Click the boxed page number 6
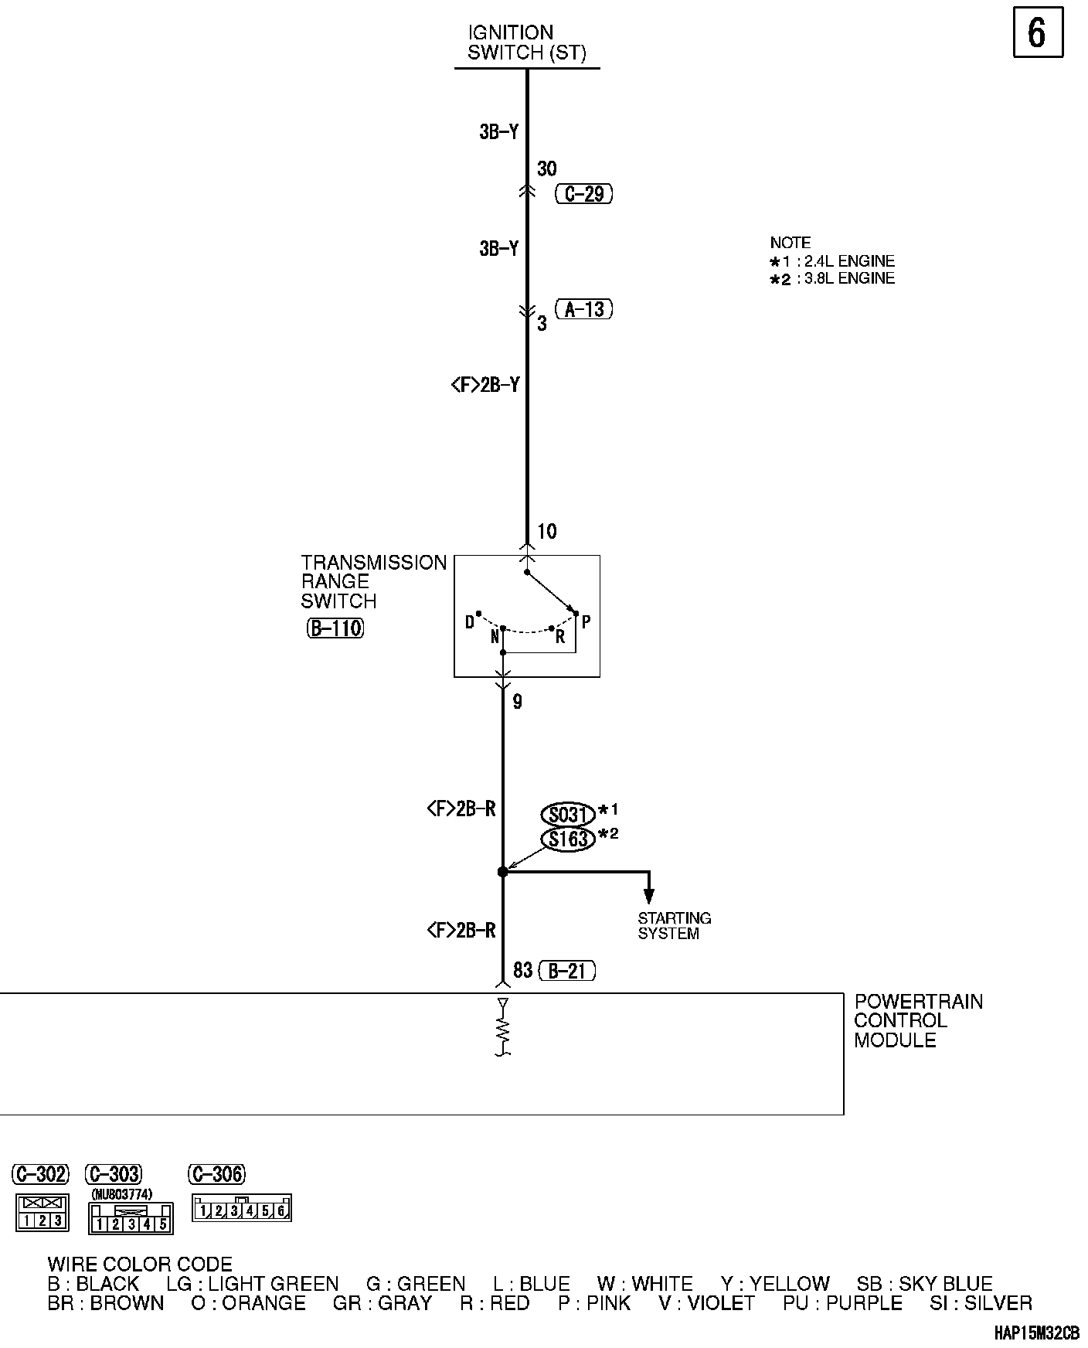tap(1037, 33)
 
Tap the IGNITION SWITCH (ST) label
tap(526, 43)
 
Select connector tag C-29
tap(583, 193)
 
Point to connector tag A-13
tap(583, 310)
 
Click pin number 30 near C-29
tap(547, 168)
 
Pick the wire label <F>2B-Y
tap(484, 384)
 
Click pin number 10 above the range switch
tap(547, 532)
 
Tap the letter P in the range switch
tap(586, 621)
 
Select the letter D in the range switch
tap(470, 622)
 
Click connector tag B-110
tap(335, 628)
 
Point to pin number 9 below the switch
tap(517, 702)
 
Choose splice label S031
tap(568, 815)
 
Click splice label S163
tap(568, 839)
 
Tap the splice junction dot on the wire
tap(502, 872)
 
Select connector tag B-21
tap(567, 971)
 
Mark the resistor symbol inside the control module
tap(503, 1030)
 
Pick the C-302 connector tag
tap(40, 1175)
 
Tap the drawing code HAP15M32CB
tap(1035, 1333)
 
